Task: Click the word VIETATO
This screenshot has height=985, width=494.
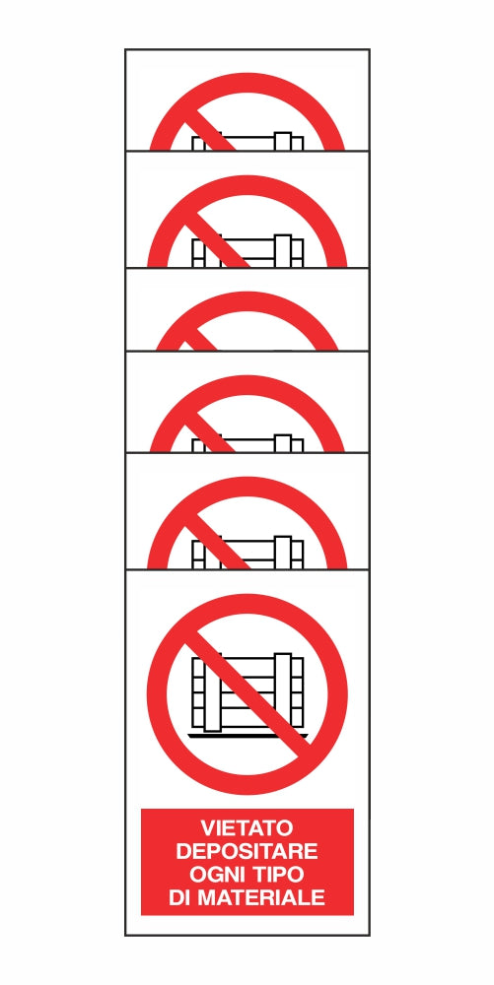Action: click(247, 826)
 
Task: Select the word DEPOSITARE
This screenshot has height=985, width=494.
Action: click(247, 851)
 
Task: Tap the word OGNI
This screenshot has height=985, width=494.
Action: click(215, 874)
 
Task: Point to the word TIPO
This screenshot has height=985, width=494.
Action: click(278, 874)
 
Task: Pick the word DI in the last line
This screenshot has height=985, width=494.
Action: click(177, 897)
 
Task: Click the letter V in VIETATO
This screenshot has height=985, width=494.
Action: click(208, 826)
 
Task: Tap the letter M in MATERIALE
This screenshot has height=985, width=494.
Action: click(206, 897)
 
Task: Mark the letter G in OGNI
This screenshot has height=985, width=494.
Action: click(214, 874)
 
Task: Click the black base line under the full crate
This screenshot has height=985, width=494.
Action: click(248, 735)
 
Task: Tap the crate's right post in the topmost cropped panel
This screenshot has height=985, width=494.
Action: click(283, 141)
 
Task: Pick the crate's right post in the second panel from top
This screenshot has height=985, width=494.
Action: click(283, 250)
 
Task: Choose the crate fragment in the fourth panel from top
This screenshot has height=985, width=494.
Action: click(247, 445)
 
